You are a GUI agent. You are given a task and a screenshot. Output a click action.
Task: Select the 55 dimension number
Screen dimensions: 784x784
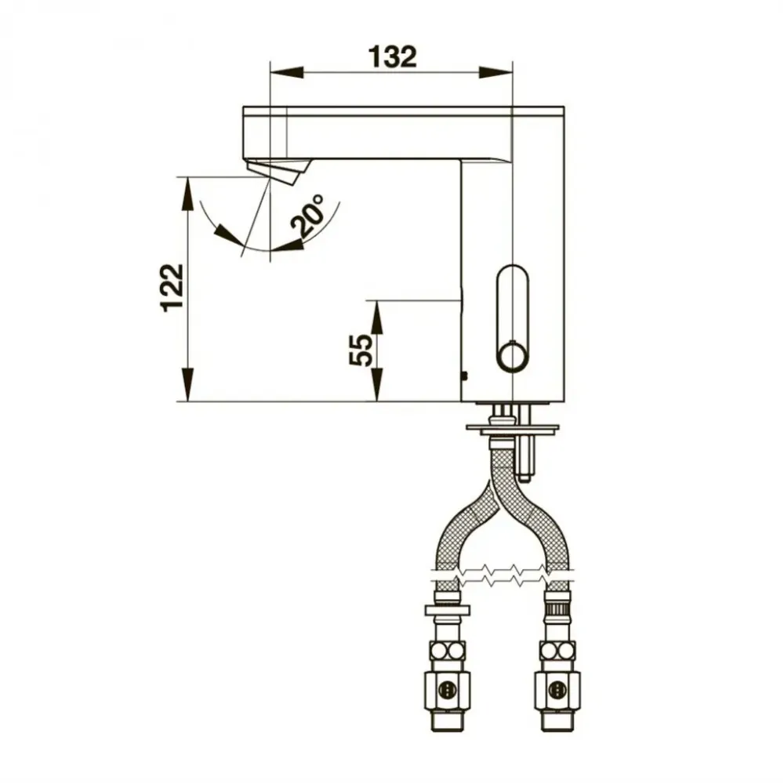[x=361, y=350]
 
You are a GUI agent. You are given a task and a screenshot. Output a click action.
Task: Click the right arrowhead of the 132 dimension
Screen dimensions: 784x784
[x=496, y=72]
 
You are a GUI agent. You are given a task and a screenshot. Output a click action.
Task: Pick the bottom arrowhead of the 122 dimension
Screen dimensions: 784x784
[x=187, y=384]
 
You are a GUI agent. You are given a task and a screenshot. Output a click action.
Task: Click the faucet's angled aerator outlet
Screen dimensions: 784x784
[x=278, y=171]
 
